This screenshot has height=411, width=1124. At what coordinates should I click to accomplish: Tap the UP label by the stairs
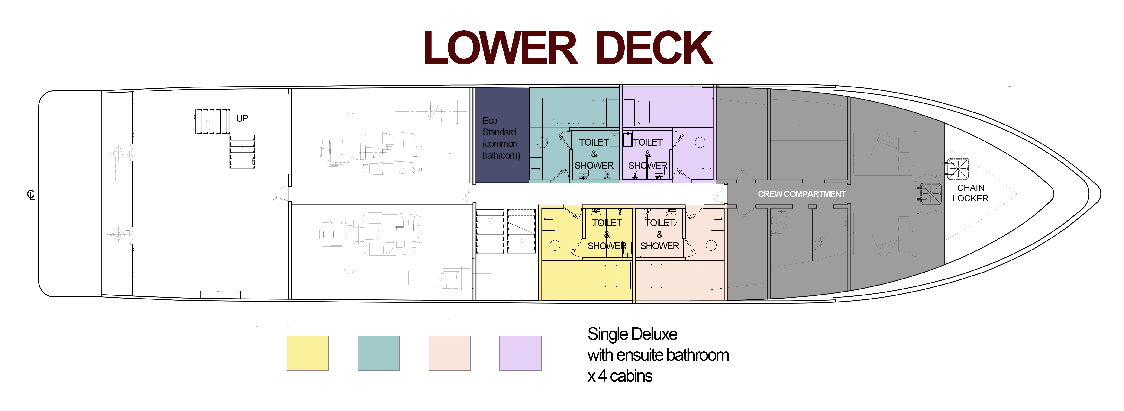242,118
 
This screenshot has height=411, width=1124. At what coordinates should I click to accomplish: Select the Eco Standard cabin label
501,138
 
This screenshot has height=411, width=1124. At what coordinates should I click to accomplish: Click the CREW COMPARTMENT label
801,194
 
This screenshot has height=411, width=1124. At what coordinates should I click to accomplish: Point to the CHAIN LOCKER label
970,193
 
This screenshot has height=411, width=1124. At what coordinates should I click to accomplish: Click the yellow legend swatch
308,353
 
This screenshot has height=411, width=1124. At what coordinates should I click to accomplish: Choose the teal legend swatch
378,353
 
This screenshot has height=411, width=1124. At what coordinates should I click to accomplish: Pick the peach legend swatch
449,353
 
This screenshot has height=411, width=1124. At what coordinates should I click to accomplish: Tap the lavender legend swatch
520,353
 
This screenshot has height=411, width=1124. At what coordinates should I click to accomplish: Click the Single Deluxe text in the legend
632,334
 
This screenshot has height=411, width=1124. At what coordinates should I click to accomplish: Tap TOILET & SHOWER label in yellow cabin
607,234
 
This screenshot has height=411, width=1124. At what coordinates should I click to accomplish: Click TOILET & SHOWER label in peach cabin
660,234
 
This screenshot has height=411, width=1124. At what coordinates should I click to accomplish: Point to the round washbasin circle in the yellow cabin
555,245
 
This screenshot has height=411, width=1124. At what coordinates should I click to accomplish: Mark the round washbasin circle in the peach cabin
711,245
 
